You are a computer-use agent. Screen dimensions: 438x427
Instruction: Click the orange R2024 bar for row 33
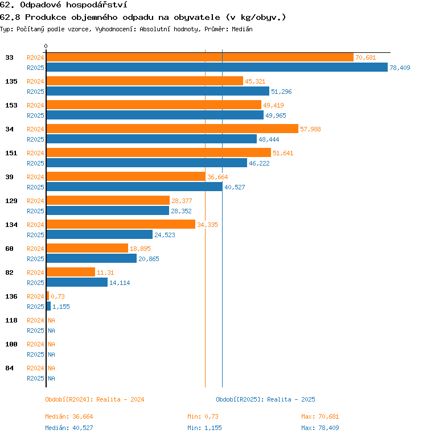point(199,57)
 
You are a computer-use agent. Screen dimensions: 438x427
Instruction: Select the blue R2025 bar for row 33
point(216,68)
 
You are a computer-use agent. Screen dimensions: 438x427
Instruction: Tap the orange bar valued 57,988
point(172,129)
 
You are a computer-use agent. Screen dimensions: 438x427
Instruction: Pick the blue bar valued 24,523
point(99,235)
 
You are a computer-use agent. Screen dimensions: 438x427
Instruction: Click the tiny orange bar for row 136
point(47,296)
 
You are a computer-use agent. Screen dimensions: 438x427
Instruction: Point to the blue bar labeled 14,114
point(76,283)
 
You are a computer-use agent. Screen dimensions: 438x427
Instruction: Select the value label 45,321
point(255,81)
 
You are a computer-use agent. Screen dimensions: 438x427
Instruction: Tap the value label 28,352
point(182,211)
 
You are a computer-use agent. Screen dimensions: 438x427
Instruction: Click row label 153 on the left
point(11,105)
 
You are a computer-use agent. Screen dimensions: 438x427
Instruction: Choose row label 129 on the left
point(11,201)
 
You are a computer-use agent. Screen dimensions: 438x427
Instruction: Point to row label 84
point(9,368)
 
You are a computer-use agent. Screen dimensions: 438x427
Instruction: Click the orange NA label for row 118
point(51,320)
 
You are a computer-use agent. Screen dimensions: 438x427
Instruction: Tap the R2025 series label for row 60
point(35,259)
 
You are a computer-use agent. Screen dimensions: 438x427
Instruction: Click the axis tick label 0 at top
point(46,46)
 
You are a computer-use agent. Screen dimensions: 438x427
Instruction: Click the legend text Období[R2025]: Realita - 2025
point(265,399)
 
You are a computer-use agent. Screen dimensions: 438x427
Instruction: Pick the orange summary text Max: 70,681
point(320,416)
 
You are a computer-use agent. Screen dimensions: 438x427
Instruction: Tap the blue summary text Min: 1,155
point(204,428)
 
